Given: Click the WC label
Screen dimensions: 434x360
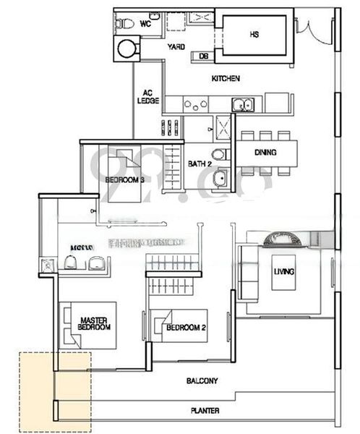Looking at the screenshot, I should [145, 23].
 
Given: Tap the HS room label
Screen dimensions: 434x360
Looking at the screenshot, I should [254, 34].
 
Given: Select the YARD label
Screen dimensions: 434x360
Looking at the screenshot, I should [176, 47].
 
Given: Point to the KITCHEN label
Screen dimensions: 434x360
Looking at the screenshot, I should [226, 78].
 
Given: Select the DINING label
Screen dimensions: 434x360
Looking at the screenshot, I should [265, 153].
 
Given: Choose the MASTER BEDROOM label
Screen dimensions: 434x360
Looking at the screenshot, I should [95, 323].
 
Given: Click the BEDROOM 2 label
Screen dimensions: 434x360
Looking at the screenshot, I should [186, 328].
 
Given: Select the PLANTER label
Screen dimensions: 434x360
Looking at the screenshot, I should [205, 411].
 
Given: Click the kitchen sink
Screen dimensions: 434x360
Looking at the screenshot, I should [244, 104].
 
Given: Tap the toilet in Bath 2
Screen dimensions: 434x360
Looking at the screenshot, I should [220, 153].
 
